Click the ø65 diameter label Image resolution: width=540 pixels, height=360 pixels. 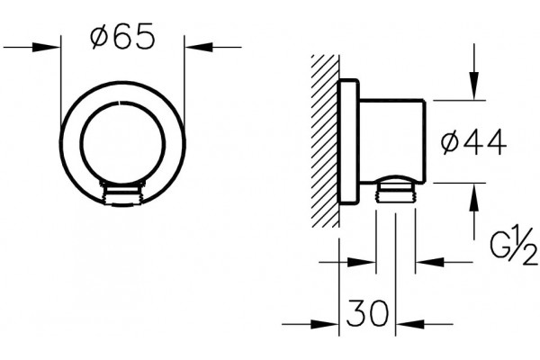122,36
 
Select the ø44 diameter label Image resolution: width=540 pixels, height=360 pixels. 474,142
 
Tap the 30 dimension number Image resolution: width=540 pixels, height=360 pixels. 367,313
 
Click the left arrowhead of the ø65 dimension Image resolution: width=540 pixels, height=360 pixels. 47,47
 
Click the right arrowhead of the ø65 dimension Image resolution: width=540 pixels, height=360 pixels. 198,47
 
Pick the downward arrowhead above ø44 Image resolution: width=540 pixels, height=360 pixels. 474,85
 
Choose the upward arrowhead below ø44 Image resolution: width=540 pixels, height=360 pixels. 474,197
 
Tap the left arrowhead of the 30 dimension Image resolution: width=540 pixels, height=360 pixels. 325,324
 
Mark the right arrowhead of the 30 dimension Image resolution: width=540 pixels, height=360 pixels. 409,324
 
